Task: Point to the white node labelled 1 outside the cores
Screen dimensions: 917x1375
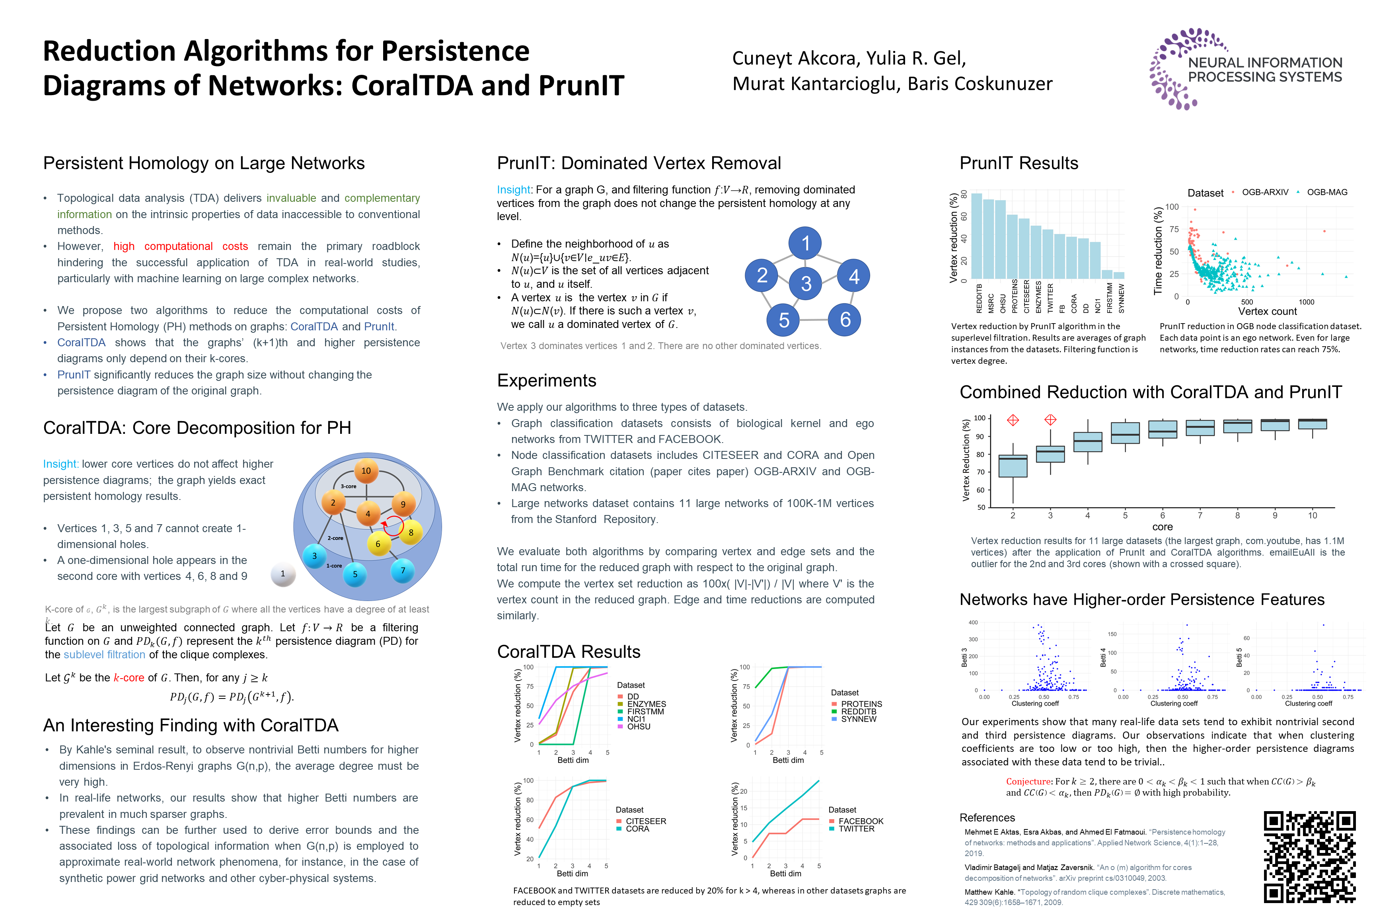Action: coord(283,574)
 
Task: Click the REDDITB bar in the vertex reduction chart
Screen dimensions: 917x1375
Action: coord(977,236)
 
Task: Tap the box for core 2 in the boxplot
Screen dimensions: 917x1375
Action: coord(1013,466)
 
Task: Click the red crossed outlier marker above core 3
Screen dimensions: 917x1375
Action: coord(1050,420)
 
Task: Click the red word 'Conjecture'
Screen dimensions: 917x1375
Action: coord(1028,781)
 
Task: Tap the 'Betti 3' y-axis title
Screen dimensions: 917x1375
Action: coord(964,658)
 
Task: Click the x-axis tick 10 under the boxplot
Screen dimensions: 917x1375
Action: coord(1313,515)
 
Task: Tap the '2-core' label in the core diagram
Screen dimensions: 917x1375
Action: coord(335,538)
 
